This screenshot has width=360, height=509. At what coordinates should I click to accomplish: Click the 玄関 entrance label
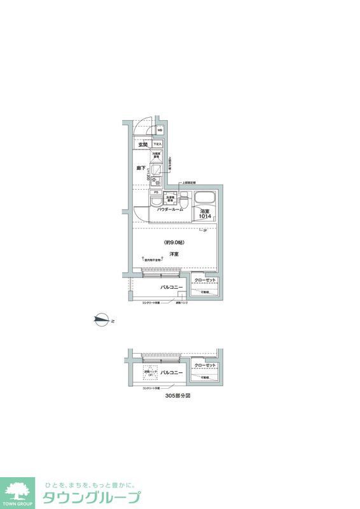(x=142, y=144)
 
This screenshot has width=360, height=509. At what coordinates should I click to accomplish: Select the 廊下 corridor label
(x=142, y=168)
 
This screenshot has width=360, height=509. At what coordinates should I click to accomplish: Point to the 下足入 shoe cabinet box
(x=157, y=144)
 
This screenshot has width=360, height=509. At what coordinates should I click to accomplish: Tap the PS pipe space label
(x=155, y=192)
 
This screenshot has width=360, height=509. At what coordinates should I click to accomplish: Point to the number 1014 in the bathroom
(x=204, y=216)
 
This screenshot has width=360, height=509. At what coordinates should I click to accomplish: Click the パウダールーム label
(x=170, y=209)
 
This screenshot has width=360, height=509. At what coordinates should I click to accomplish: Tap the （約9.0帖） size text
(x=174, y=242)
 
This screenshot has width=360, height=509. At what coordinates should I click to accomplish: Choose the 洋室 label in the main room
(x=174, y=254)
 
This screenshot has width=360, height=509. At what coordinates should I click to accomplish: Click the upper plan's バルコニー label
(x=171, y=288)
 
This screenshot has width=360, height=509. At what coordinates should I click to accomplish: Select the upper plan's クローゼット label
(x=206, y=281)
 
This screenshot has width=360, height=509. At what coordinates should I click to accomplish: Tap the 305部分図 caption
(x=177, y=395)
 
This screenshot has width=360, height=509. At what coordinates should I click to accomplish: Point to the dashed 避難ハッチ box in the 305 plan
(x=150, y=373)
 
